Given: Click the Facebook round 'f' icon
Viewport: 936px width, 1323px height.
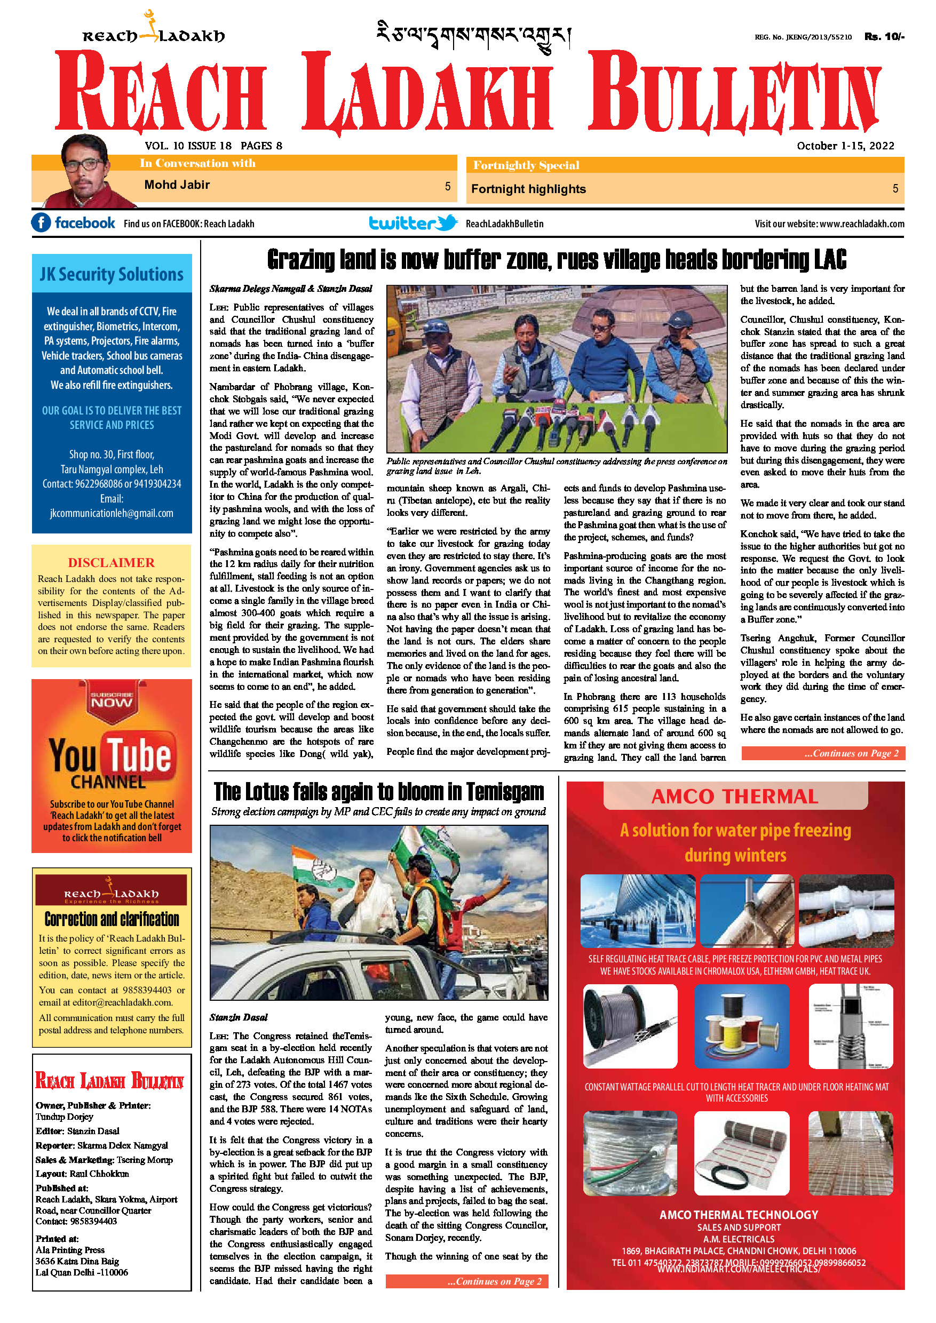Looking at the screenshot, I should tap(41, 222).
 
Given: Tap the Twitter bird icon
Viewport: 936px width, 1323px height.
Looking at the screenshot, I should tap(447, 222).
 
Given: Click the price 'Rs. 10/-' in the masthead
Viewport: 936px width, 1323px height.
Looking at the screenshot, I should tap(884, 37).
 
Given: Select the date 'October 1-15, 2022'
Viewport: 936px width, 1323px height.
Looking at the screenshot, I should tap(845, 146).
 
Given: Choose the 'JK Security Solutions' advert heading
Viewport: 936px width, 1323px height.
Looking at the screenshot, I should tap(112, 274).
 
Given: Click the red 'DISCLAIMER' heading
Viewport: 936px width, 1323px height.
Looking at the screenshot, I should tap(111, 562).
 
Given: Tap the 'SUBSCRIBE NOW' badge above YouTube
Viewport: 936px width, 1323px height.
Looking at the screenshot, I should tap(112, 699).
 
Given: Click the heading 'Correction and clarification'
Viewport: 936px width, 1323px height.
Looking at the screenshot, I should tap(112, 919).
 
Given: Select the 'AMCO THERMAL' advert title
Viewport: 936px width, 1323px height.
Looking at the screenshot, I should tap(735, 796).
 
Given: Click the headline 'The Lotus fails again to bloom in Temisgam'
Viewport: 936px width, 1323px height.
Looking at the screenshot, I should tap(379, 792).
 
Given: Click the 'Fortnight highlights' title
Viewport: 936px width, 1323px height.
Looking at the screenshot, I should tap(528, 189).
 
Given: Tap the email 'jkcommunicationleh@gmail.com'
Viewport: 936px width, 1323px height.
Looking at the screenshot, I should tap(112, 513).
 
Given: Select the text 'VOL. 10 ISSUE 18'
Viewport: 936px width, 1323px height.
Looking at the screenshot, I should tap(188, 146).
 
